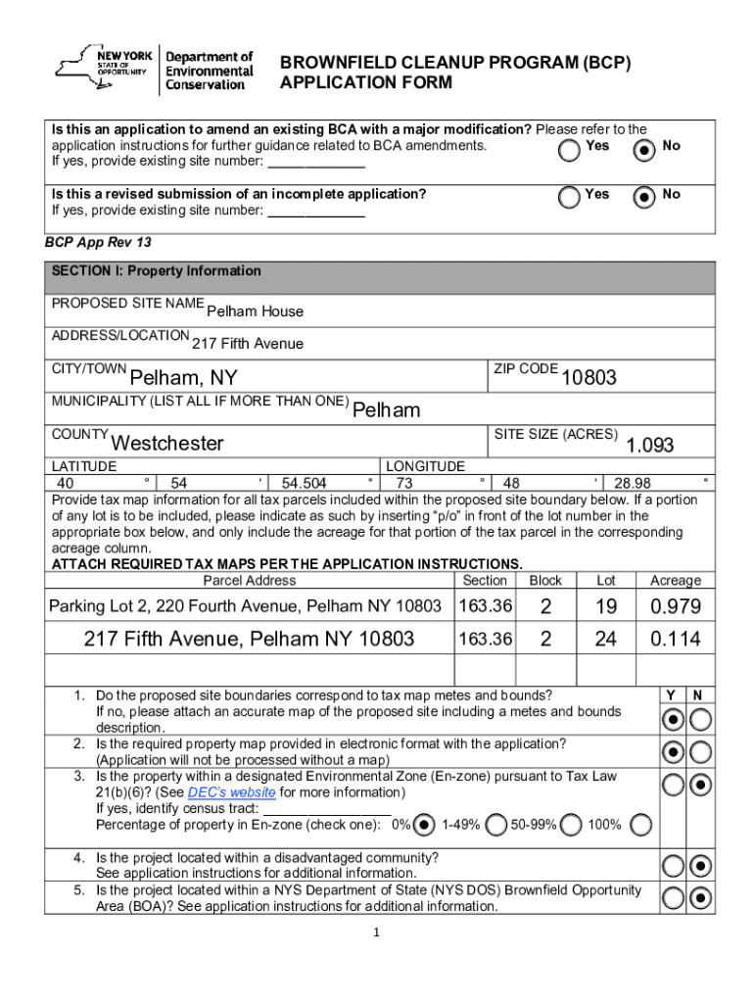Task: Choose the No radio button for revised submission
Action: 643,198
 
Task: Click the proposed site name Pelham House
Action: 255,311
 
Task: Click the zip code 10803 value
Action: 588,377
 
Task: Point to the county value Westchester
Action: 168,443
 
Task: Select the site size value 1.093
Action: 650,445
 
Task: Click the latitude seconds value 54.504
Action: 304,483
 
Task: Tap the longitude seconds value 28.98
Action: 632,483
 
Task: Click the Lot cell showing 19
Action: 606,607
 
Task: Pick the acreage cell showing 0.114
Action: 676,640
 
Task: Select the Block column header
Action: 545,581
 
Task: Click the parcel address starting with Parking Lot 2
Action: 245,607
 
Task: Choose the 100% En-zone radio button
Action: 641,825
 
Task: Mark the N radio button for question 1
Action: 700,720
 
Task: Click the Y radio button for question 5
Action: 673,898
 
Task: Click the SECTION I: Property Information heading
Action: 157,271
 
